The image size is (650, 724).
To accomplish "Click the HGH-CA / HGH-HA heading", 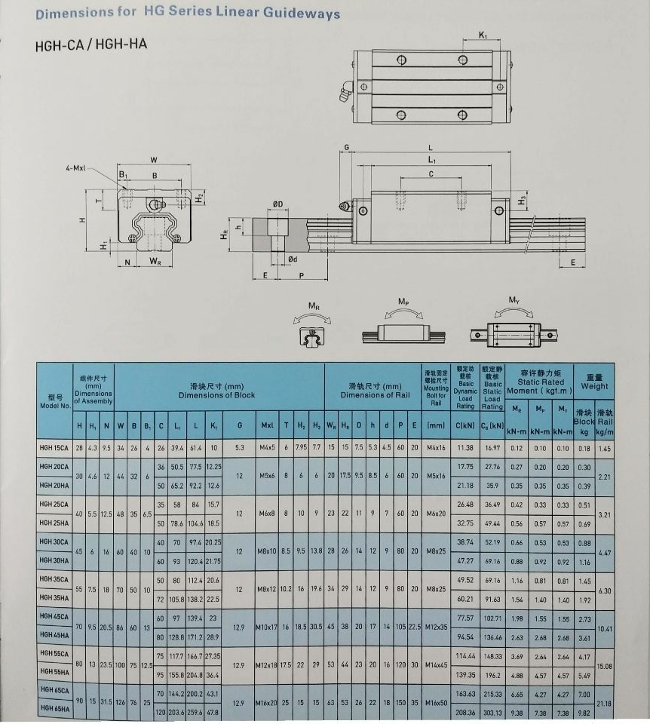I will (x=91, y=44).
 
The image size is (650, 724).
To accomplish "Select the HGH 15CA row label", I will (x=54, y=448).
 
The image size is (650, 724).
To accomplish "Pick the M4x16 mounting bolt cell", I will (x=436, y=448).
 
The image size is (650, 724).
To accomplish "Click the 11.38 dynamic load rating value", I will (x=465, y=448).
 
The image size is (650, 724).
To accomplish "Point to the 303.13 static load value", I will (x=492, y=710).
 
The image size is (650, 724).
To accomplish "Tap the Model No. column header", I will (x=54, y=401).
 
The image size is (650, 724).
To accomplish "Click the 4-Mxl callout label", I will (x=76, y=167).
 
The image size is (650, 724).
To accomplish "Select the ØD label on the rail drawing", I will (x=277, y=204).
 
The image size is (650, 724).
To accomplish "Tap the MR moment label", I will (x=313, y=305).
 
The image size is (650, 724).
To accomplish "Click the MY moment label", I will (x=514, y=300).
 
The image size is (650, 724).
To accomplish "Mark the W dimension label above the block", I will (x=154, y=159).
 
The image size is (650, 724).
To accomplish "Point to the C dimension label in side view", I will (x=431, y=173).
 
